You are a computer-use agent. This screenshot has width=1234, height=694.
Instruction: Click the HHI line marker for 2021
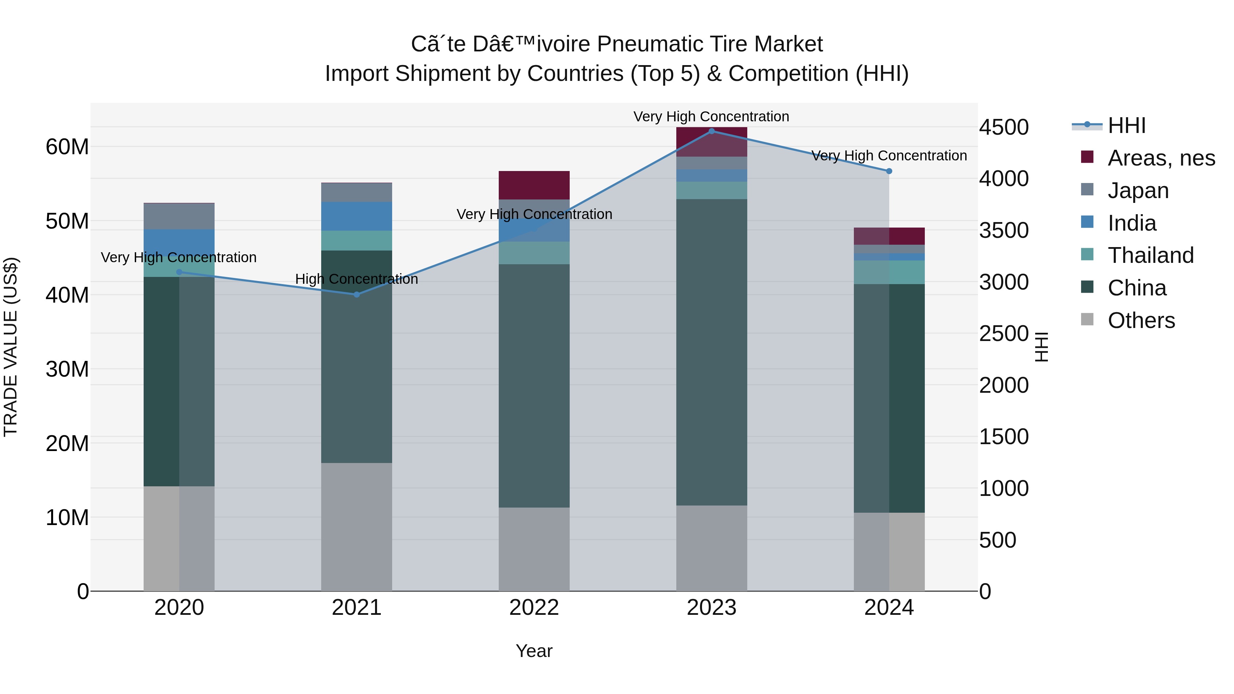[x=356, y=294]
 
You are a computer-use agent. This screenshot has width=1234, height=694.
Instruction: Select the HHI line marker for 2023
[x=711, y=131]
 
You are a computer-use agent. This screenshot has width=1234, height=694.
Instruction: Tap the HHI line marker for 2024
[x=889, y=171]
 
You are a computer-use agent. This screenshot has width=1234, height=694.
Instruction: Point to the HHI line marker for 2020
[x=179, y=272]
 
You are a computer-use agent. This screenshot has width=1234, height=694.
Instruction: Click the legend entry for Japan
[x=1138, y=191]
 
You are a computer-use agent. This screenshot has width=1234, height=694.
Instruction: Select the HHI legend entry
[x=1126, y=125]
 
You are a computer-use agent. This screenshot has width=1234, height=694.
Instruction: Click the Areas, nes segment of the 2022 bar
[x=534, y=185]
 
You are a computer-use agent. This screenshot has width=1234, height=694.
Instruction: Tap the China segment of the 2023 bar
[x=711, y=352]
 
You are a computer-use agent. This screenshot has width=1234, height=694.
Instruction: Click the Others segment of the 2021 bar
[x=356, y=527]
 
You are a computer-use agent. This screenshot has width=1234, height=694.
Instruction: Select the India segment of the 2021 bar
[x=356, y=216]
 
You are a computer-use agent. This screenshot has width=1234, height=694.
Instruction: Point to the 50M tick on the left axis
[x=67, y=221]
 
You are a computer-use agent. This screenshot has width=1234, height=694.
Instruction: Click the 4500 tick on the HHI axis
[x=1004, y=127]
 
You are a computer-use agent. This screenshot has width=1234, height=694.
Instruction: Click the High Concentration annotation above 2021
[x=356, y=279]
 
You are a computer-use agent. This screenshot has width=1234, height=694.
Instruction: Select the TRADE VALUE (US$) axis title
[x=11, y=347]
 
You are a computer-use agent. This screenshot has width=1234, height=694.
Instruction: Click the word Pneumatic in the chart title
[x=649, y=44]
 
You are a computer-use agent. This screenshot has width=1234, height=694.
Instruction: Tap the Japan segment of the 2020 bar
[x=179, y=217]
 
